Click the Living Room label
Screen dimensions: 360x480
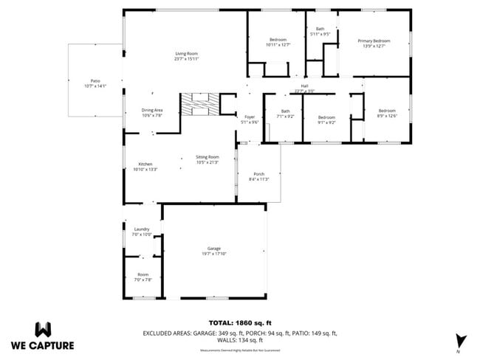(x=186, y=53)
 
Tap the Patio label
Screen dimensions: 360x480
(x=95, y=81)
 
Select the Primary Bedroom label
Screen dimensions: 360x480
(x=374, y=41)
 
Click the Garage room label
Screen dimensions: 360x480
(x=214, y=249)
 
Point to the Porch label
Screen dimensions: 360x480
(x=258, y=174)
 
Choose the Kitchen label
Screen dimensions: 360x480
(x=145, y=165)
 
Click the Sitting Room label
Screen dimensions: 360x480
(x=208, y=157)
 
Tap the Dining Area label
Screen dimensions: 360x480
(x=151, y=111)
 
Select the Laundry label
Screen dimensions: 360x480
(x=142, y=229)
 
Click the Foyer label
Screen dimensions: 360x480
(x=250, y=117)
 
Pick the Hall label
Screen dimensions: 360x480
(x=304, y=86)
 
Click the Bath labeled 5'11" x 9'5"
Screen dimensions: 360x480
(x=320, y=30)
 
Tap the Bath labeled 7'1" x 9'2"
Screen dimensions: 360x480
(x=285, y=111)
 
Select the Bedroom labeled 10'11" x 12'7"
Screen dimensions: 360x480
(x=278, y=40)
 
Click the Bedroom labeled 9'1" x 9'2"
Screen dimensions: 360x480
(x=326, y=118)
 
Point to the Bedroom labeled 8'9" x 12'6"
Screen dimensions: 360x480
(x=387, y=111)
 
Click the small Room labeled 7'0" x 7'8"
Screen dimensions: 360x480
(x=143, y=275)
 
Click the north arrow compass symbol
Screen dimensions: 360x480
(x=462, y=339)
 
